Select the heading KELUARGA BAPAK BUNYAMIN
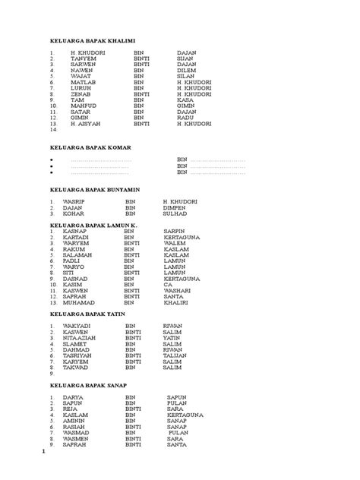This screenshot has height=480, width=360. pos(95,188)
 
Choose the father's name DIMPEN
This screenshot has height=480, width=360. pos(175,207)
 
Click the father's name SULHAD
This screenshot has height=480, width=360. pos(175,213)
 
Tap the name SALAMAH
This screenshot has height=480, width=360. pos(77,254)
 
